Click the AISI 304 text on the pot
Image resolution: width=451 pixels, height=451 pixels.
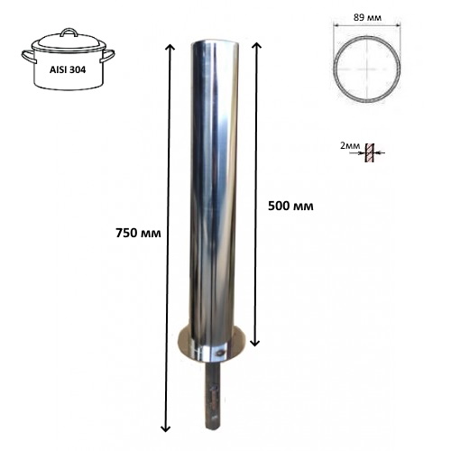click(68, 69)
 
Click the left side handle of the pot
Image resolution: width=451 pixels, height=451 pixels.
click(29, 56)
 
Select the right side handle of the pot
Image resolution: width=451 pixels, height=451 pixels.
click(107, 56)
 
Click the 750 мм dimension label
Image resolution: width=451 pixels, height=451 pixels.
click(138, 233)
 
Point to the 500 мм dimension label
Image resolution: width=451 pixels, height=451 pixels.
click(290, 206)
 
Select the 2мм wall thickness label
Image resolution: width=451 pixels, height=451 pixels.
click(350, 145)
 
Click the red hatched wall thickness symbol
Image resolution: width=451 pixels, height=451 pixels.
click(370, 153)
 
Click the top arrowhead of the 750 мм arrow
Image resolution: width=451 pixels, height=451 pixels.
click(170, 48)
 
